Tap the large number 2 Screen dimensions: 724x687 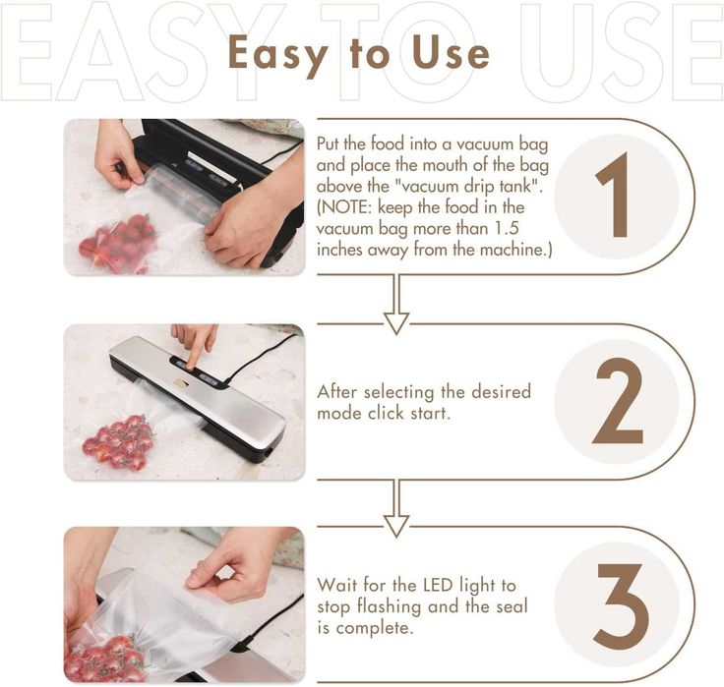(x=618, y=400)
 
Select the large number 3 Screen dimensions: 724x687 (x=621, y=605)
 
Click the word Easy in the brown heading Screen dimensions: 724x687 (x=278, y=54)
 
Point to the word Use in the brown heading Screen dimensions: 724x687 (x=451, y=52)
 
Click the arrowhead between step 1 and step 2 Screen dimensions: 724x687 (x=396, y=323)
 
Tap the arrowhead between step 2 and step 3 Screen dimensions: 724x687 (x=396, y=526)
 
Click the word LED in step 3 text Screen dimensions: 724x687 (x=438, y=585)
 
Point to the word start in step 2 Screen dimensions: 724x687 (x=430, y=413)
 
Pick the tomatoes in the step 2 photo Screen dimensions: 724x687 (x=119, y=442)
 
